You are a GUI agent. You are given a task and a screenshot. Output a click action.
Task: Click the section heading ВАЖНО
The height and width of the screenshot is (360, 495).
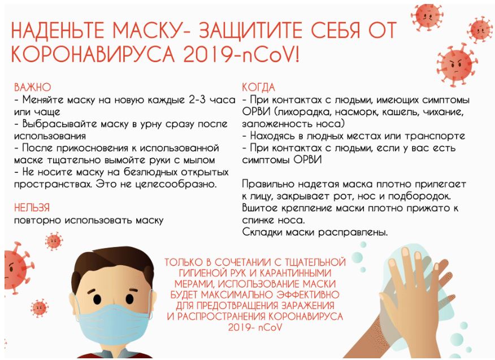(x=33, y=87)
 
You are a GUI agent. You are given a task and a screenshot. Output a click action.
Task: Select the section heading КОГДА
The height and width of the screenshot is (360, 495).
(x=259, y=87)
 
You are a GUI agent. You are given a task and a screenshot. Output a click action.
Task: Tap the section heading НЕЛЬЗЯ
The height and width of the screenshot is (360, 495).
(x=32, y=207)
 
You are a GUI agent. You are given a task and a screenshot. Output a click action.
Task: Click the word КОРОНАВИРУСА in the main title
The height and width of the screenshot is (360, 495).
(x=93, y=54)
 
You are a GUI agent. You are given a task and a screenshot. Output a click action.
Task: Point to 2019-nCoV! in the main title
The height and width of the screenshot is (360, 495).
(x=241, y=54)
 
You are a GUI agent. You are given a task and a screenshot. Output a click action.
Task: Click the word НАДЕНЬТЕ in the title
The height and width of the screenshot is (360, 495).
(x=58, y=30)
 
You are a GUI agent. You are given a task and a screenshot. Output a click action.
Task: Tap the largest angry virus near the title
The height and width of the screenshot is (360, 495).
(x=455, y=64)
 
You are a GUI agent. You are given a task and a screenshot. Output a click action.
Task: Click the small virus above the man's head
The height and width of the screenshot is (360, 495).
(x=54, y=241)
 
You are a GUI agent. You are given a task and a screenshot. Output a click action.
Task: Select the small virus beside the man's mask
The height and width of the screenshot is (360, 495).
(x=39, y=307)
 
